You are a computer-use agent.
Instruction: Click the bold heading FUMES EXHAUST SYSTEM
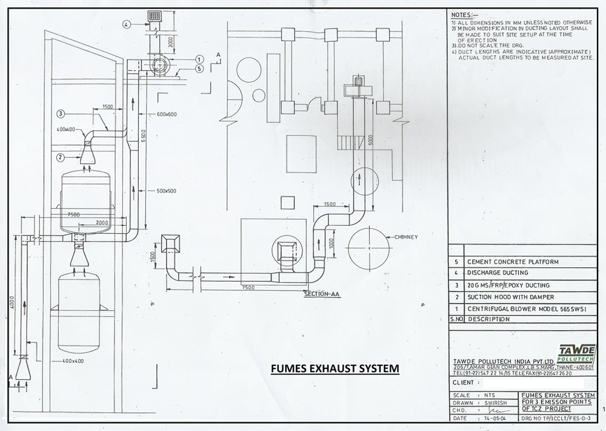click(x=334, y=368)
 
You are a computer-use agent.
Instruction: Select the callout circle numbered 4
click(x=126, y=25)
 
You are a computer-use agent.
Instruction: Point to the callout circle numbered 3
click(x=61, y=113)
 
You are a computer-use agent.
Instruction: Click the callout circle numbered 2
click(x=61, y=158)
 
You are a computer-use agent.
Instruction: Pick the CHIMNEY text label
click(x=405, y=237)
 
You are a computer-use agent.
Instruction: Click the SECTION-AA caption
click(x=321, y=294)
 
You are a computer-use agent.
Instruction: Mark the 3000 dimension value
click(x=171, y=43)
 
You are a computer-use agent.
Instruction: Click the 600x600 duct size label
click(x=165, y=114)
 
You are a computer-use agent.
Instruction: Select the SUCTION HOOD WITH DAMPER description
click(x=509, y=297)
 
